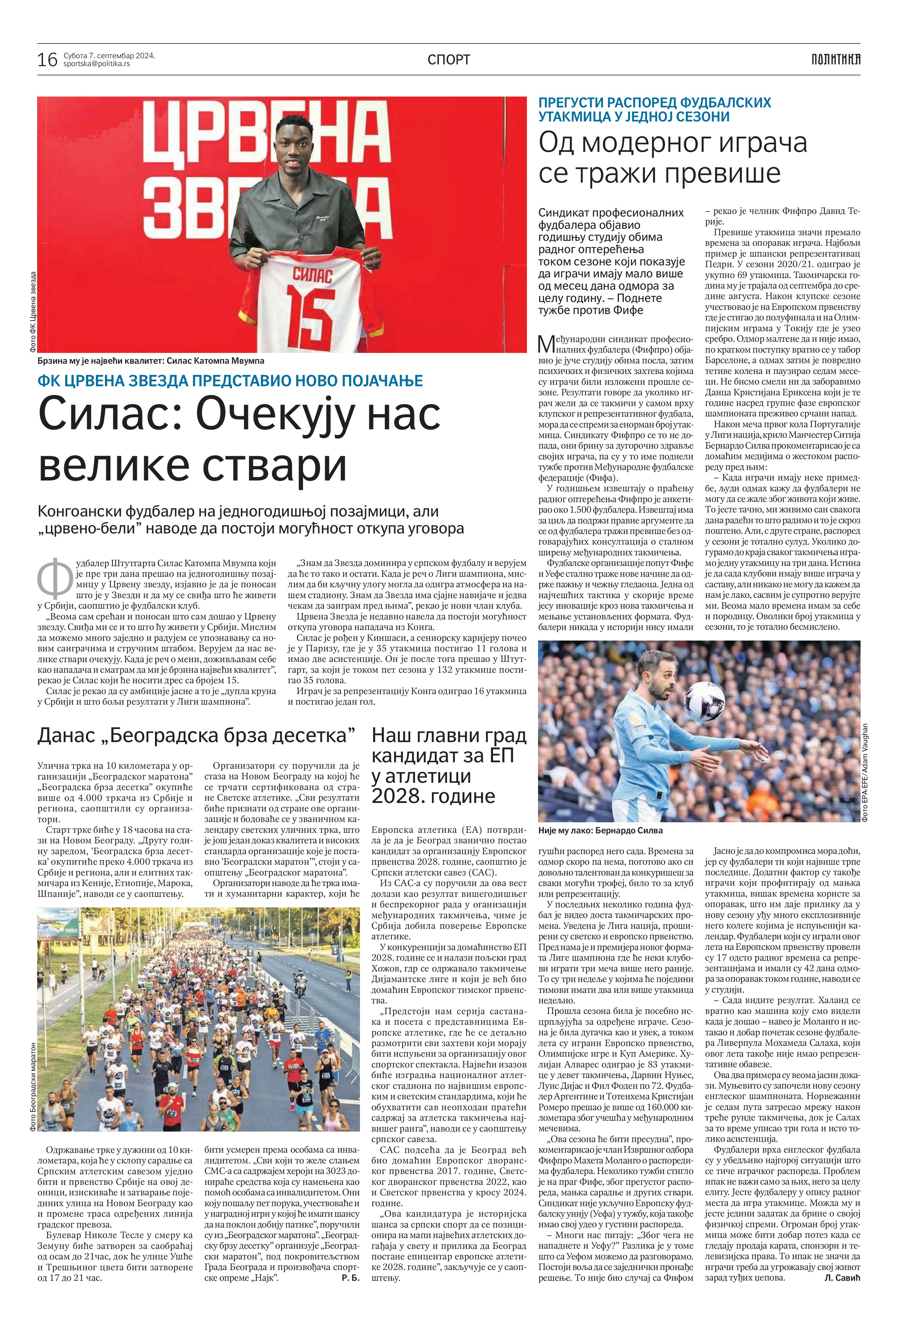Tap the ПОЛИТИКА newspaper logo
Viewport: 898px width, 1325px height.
[x=835, y=59]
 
